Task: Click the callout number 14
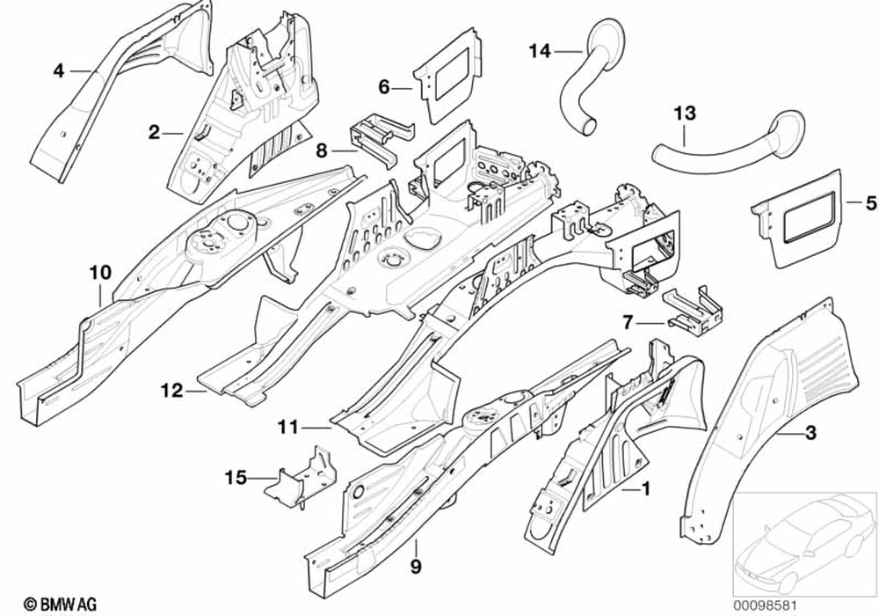pos(539,52)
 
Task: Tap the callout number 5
pos(870,202)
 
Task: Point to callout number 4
pos(59,70)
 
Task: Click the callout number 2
pos(154,133)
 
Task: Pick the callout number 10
pos(99,272)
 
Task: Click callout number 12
pos(171,390)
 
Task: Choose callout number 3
pos(810,431)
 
